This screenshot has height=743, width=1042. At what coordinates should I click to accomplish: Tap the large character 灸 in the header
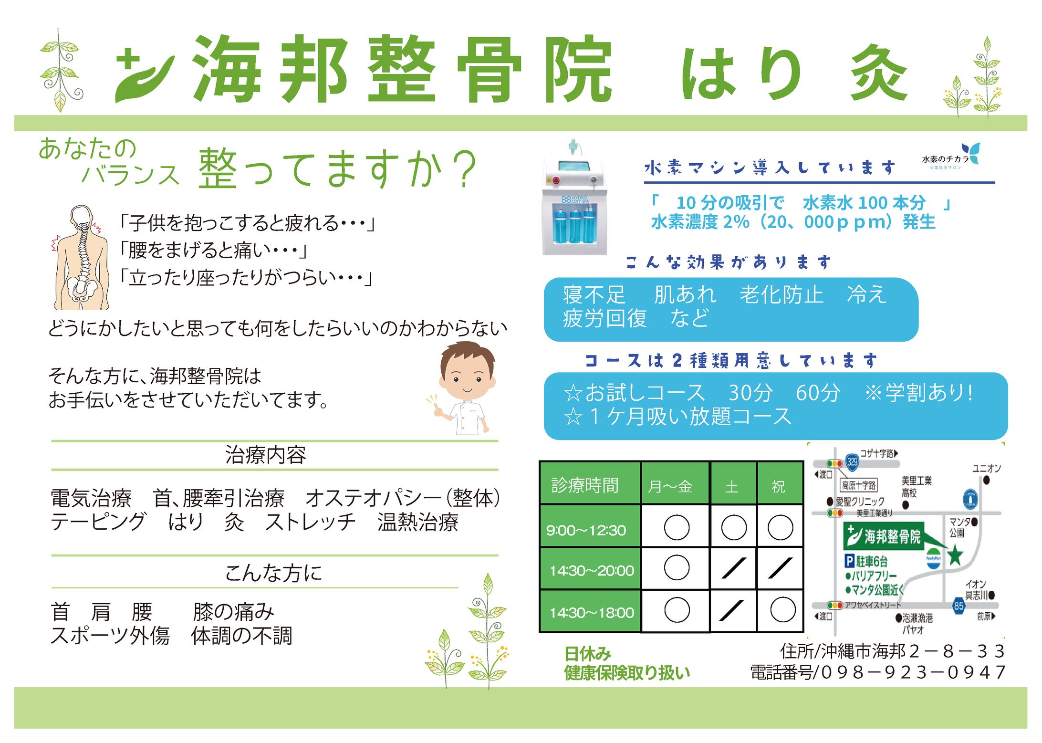tap(879, 73)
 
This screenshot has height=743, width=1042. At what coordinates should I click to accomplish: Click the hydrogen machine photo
tap(574, 198)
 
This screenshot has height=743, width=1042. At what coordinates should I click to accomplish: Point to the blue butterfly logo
tap(971, 153)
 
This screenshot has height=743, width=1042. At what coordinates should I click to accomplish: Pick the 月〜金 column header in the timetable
tap(670, 486)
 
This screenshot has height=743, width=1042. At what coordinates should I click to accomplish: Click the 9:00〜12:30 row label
tap(586, 530)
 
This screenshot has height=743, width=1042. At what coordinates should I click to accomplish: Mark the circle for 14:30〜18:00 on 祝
tap(782, 610)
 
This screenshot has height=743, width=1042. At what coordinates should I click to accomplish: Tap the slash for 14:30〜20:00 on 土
tap(733, 568)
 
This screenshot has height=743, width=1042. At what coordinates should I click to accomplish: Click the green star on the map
tap(955, 555)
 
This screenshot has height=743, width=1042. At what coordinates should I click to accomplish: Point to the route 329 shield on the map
tap(852, 461)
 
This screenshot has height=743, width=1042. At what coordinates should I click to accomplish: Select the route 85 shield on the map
tap(959, 606)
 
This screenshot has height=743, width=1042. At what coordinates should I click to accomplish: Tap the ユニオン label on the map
tap(987, 468)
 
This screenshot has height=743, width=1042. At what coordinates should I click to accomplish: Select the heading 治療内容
tap(265, 455)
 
